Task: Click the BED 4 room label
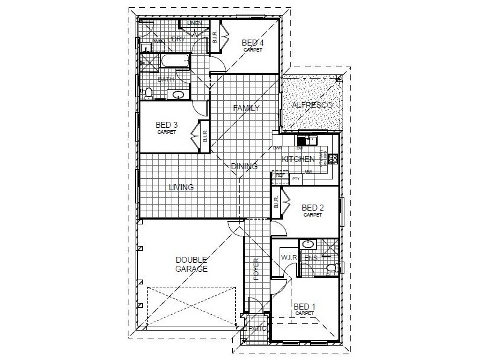pos(252,43)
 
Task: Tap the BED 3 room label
pos(166,125)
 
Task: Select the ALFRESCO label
pos(311,106)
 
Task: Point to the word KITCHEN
pos(298,159)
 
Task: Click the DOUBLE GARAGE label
pos(191,265)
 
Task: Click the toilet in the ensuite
pos(331,268)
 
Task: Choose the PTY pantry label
pos(295,179)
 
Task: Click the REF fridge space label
pos(280,175)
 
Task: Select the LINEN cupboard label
pos(194,23)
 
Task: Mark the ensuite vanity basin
pos(307,244)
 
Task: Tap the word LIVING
pos(181,187)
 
